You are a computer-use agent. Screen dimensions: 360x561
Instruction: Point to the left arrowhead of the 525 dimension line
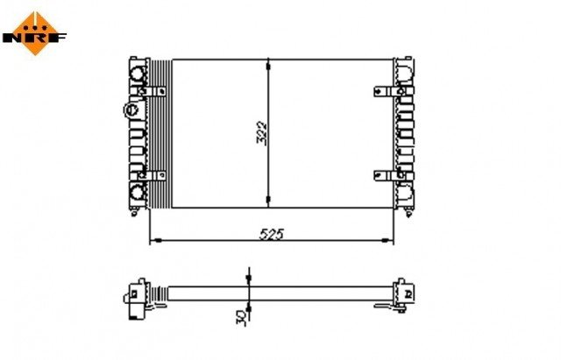point(154,241)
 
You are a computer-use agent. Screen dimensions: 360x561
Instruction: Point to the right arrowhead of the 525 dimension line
point(390,241)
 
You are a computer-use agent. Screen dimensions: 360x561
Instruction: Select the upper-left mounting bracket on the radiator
point(154,90)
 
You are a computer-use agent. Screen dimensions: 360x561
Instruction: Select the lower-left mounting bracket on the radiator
point(154,175)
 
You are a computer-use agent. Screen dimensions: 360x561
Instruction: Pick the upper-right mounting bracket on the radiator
point(384,90)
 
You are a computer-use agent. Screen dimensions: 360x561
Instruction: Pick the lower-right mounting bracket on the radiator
point(384,175)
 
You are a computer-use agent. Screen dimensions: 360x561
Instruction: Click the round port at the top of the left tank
point(138,73)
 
